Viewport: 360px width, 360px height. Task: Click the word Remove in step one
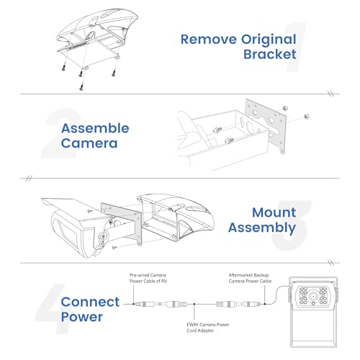tap(209, 40)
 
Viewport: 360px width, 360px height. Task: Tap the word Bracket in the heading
tap(270, 54)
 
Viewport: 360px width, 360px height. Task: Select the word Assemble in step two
tap(95, 128)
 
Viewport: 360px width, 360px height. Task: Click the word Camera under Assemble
tap(89, 143)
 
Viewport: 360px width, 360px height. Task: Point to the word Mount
tap(274, 212)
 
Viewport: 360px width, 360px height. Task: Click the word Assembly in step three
tap(262, 228)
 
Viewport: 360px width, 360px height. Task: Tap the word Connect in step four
tap(90, 302)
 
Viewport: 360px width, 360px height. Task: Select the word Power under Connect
tap(82, 317)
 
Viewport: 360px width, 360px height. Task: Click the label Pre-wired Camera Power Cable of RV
tap(148, 278)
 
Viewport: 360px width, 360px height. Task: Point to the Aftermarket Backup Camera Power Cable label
tap(250, 278)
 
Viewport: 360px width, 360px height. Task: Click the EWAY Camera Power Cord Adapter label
tap(208, 328)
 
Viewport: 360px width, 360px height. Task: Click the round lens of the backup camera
tap(312, 296)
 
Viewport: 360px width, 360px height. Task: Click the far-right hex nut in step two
tap(307, 117)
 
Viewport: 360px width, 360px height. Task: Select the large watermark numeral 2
tap(61, 133)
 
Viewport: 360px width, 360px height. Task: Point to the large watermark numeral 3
tap(292, 225)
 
